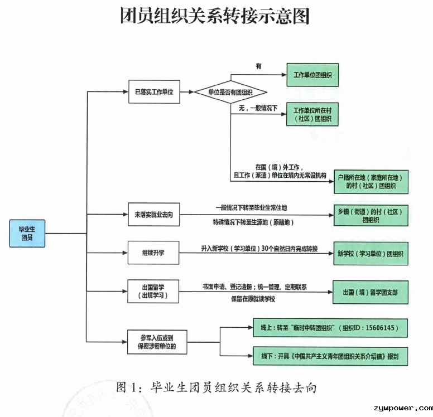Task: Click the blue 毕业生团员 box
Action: (27, 233)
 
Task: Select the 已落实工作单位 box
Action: (154, 92)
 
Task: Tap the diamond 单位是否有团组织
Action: (230, 92)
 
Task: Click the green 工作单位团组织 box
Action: (312, 75)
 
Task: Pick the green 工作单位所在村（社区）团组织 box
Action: (312, 114)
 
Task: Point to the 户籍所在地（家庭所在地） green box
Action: (371, 182)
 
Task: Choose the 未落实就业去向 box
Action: (154, 215)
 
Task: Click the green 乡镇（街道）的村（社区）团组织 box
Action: (371, 216)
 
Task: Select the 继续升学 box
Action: (153, 253)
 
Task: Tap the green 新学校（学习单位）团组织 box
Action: (371, 253)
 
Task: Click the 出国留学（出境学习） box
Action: (153, 292)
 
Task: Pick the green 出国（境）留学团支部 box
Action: (371, 292)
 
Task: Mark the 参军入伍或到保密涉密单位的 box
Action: (157, 342)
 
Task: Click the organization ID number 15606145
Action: (379, 328)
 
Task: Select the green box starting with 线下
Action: (330, 356)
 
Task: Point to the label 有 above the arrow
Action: (258, 66)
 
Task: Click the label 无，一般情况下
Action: (258, 108)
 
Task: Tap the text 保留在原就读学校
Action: (253, 299)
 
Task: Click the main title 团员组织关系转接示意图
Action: (215, 16)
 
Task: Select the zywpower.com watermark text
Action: (403, 408)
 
